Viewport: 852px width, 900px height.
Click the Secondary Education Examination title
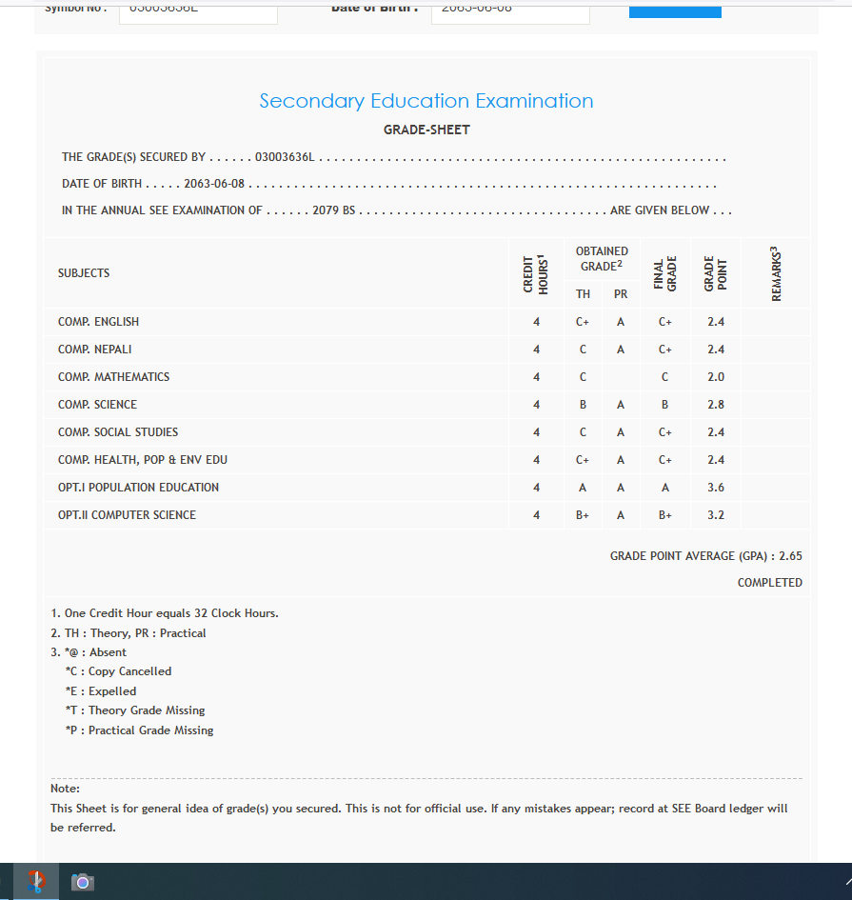click(426, 101)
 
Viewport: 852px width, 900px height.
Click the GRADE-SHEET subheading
click(426, 130)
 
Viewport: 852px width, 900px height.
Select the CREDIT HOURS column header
click(536, 273)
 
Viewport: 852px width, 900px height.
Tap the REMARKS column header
click(776, 273)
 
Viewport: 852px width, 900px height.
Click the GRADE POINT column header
click(715, 273)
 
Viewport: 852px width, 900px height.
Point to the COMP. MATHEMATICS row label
click(113, 377)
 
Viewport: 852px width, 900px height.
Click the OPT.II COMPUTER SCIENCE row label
click(127, 515)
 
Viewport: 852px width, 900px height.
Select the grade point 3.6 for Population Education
click(716, 488)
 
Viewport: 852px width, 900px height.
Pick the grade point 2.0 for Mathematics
click(716, 377)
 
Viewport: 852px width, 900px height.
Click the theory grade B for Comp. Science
click(583, 405)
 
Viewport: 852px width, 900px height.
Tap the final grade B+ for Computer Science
click(665, 515)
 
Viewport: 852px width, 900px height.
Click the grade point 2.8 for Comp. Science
click(716, 405)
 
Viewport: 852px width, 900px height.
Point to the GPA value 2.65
click(790, 556)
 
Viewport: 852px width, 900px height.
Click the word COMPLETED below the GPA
click(769, 583)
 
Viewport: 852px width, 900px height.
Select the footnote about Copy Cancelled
click(118, 671)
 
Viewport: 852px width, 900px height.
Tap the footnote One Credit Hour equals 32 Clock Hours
click(165, 613)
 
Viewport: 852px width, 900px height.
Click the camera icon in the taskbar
click(83, 882)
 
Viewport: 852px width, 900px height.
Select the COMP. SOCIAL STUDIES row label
click(118, 432)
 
